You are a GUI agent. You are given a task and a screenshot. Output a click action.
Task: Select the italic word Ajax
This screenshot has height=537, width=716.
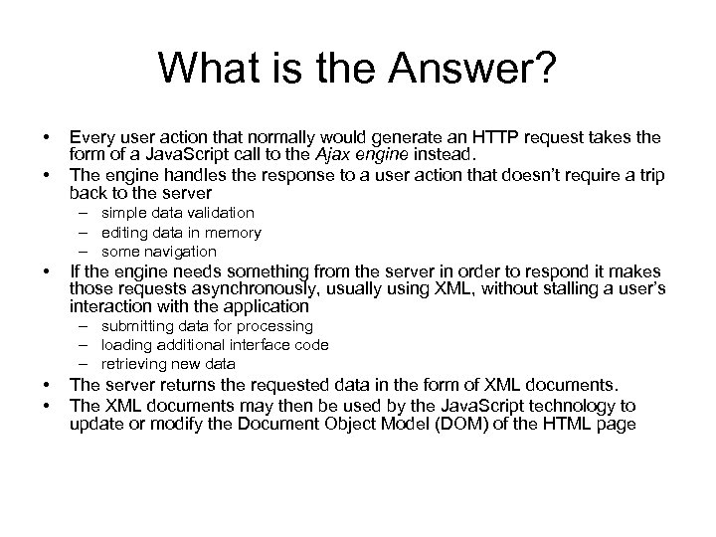point(343,154)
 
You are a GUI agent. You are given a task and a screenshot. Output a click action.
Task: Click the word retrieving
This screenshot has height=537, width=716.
point(135,364)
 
